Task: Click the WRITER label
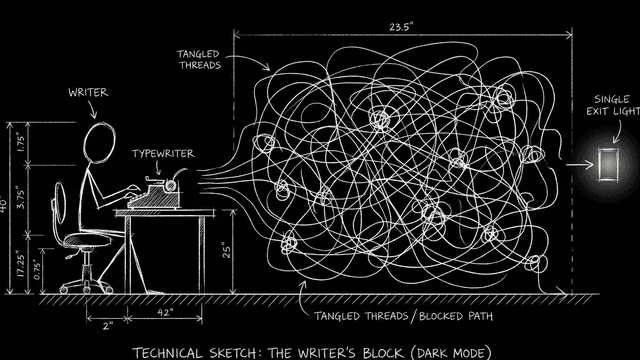click(88, 93)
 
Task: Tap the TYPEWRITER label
click(163, 154)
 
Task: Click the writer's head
click(99, 143)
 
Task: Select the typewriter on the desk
click(157, 192)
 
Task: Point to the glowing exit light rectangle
click(608, 165)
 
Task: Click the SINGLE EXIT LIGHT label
click(613, 105)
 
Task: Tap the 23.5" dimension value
click(401, 27)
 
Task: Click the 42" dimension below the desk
click(165, 312)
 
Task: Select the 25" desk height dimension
click(227, 250)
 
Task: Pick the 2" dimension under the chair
click(107, 326)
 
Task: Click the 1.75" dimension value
click(21, 142)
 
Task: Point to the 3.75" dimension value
click(21, 198)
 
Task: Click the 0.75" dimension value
click(38, 270)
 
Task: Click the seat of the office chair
click(87, 240)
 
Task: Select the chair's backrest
click(60, 202)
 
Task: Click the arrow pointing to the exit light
click(580, 165)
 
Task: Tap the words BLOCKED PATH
click(456, 316)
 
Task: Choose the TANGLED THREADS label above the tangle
click(199, 60)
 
